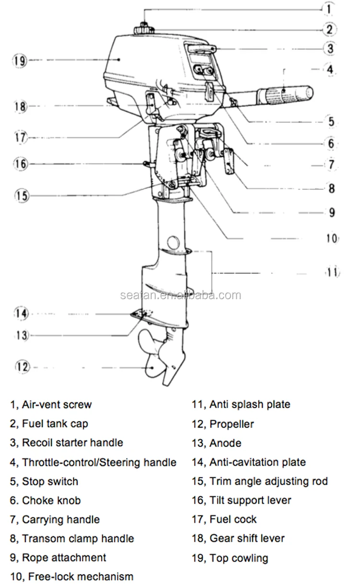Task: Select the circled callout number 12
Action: pyautogui.click(x=22, y=367)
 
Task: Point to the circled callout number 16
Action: pyautogui.click(x=20, y=164)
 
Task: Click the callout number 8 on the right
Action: pyautogui.click(x=331, y=188)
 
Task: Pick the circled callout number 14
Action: pyautogui.click(x=21, y=314)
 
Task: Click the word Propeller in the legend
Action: pyautogui.click(x=231, y=424)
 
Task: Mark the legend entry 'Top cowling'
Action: pyautogui.click(x=239, y=558)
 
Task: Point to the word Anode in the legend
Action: pyautogui.click(x=225, y=443)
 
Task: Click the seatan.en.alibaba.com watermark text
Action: pyautogui.click(x=180, y=295)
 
